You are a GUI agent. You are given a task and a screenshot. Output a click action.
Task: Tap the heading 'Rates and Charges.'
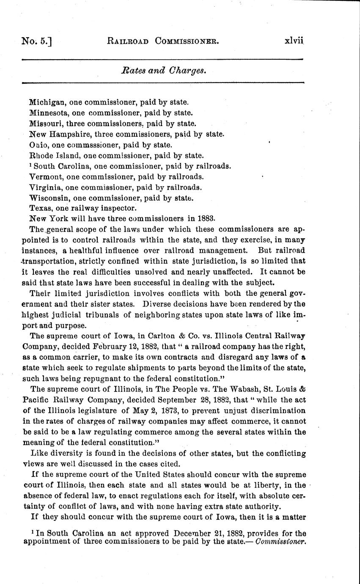pos(164,71)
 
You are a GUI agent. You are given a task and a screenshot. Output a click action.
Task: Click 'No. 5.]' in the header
pos(38,41)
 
